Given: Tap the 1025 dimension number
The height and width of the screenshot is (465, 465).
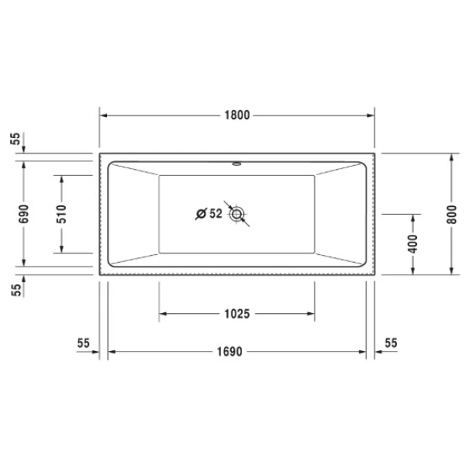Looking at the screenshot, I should tap(237, 314).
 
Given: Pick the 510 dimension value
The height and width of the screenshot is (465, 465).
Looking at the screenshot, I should tap(61, 213).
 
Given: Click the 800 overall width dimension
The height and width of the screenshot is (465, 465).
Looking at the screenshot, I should tap(452, 213).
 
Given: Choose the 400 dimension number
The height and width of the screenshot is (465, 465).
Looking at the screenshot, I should tap(413, 243).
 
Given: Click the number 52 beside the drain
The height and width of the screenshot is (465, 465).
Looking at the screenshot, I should tap(215, 212).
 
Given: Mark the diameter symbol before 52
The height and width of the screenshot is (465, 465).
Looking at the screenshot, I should tap(201, 212).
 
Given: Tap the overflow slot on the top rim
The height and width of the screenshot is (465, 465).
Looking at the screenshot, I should tap(237, 164).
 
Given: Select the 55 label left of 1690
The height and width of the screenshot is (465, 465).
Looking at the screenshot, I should tap(84, 342).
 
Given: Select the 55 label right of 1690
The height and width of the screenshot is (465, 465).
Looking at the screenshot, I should tap(390, 342).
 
